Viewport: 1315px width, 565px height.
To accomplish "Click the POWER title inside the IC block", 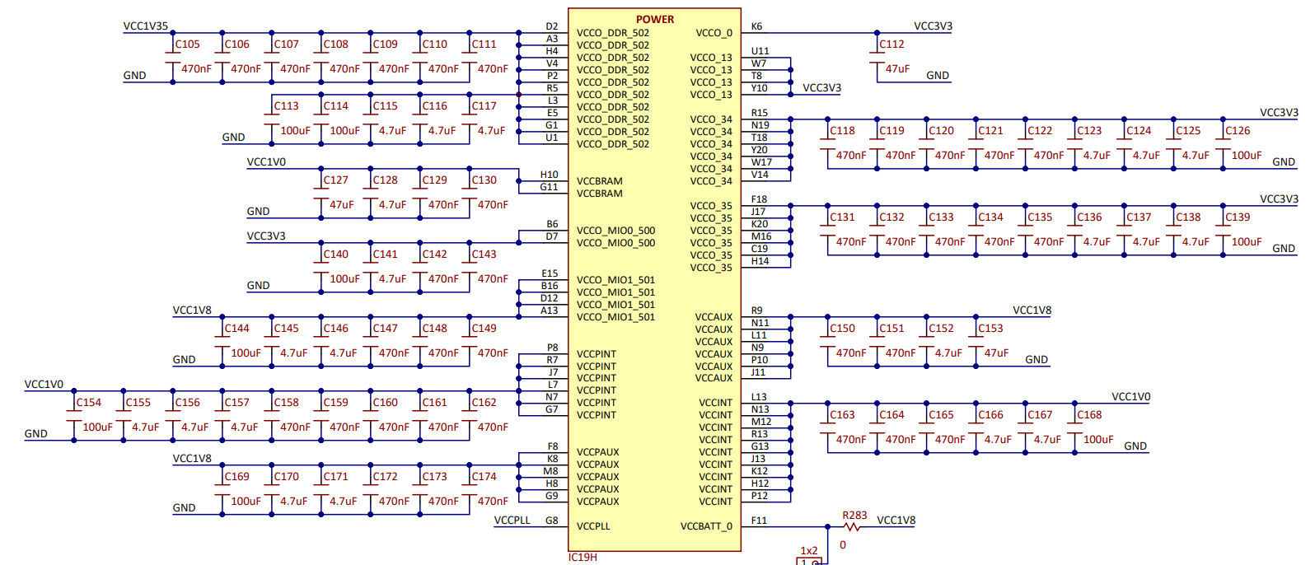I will coord(654,19).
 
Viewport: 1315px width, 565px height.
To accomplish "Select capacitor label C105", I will coord(187,44).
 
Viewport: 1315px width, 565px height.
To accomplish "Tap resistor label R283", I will coord(854,516).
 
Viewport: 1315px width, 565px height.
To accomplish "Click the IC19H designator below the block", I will coord(583,558).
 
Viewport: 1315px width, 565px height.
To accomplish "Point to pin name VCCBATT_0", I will coord(706,526).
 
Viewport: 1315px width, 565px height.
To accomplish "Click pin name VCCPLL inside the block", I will coord(593,526).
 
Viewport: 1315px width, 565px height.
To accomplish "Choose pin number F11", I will coord(759,521).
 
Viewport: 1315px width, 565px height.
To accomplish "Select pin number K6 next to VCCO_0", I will coord(756,26).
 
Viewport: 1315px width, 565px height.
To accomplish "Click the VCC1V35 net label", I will coord(145,26).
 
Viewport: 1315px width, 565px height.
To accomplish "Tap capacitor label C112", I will coord(891,44).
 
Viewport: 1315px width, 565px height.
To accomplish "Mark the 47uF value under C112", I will coord(897,69).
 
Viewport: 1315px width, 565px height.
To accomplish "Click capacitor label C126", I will coord(1238,131).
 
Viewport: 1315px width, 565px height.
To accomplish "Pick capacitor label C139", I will coord(1238,217).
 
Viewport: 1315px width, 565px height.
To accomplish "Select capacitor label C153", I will coord(990,329).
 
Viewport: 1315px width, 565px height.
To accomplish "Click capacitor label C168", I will coord(1089,415).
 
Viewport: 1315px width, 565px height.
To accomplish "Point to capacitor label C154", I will coord(88,403).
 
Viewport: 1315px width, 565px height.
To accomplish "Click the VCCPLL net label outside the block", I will coord(512,521).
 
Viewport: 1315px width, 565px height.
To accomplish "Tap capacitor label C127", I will coord(335,180).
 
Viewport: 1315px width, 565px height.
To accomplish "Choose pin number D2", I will coord(551,26).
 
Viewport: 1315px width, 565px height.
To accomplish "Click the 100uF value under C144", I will coord(246,353).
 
